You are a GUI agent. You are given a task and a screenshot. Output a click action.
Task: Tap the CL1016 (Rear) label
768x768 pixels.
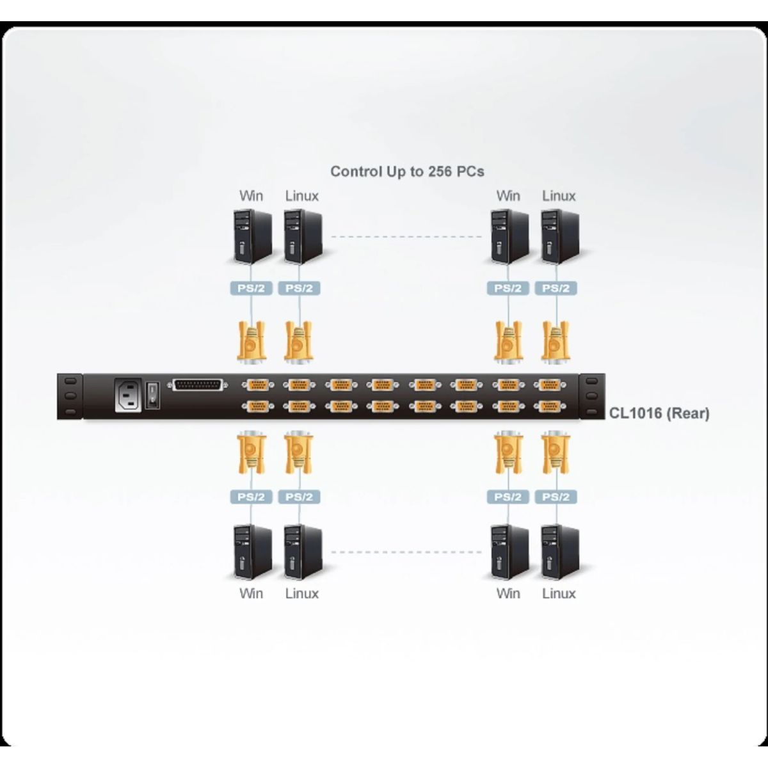(659, 413)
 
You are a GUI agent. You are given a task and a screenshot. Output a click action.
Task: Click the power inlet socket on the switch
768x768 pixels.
(128, 396)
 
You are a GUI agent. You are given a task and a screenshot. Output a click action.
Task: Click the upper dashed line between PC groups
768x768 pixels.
(406, 237)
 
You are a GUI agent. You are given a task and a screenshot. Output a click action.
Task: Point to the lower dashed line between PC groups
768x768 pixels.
(406, 551)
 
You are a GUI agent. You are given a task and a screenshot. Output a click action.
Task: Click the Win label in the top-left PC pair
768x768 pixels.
(251, 196)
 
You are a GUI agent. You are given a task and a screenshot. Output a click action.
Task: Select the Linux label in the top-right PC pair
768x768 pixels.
(559, 196)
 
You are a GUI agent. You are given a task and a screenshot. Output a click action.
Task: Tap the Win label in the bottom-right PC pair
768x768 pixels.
(508, 593)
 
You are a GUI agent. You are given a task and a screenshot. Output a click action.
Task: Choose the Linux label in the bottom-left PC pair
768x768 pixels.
(301, 593)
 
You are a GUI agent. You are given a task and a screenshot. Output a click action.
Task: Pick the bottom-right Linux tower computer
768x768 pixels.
(559, 552)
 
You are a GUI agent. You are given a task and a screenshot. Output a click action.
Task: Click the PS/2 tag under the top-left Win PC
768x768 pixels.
(251, 288)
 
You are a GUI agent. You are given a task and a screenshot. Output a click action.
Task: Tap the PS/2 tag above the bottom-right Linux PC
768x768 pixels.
(556, 497)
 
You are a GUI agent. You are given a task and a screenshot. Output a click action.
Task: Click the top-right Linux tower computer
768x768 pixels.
(559, 237)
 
